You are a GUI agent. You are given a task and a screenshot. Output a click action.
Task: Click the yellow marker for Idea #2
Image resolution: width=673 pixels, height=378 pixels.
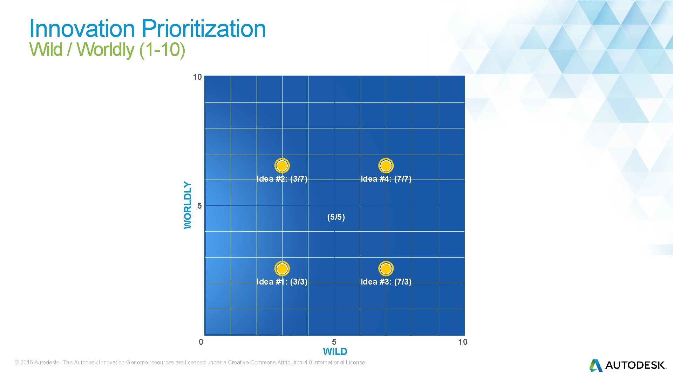click(x=282, y=166)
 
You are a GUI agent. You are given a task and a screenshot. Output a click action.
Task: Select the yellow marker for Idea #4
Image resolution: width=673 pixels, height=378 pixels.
click(x=386, y=166)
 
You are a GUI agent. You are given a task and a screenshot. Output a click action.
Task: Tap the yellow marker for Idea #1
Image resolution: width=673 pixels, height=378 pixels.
click(x=282, y=268)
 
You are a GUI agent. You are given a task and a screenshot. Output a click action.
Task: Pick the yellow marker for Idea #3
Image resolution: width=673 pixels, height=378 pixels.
click(x=386, y=268)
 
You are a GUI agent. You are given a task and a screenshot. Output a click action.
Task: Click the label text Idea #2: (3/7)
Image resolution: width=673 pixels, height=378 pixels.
click(x=282, y=179)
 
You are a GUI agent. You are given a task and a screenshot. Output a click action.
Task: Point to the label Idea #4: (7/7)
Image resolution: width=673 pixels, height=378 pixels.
click(x=386, y=179)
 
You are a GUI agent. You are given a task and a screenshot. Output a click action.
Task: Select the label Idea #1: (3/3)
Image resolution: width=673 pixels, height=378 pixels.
click(x=282, y=282)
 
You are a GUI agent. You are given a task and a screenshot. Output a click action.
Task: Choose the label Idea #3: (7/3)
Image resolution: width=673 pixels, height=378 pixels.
click(x=386, y=282)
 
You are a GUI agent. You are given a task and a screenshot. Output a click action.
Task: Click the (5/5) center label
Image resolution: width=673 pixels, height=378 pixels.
click(x=336, y=217)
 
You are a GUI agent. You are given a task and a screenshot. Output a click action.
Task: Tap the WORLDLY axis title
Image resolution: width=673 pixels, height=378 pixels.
click(x=188, y=205)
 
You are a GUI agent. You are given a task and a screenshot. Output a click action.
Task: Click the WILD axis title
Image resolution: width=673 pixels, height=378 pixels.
click(x=335, y=351)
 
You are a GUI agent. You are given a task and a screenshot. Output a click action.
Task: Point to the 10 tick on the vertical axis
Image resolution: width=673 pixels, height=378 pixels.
click(x=197, y=77)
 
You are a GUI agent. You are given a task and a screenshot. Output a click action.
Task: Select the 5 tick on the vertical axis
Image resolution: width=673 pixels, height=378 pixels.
click(x=199, y=206)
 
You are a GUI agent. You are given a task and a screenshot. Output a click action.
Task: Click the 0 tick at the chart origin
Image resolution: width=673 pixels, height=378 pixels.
click(x=201, y=342)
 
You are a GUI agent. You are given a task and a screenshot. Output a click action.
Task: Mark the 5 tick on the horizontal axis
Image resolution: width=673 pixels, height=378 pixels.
click(x=334, y=342)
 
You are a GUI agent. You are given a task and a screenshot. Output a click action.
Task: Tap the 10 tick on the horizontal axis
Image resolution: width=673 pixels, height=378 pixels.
click(x=463, y=342)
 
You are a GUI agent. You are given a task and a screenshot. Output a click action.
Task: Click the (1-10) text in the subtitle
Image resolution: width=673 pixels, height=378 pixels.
click(x=162, y=49)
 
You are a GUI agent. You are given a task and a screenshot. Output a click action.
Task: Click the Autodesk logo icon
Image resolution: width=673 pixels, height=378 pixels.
click(x=596, y=365)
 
